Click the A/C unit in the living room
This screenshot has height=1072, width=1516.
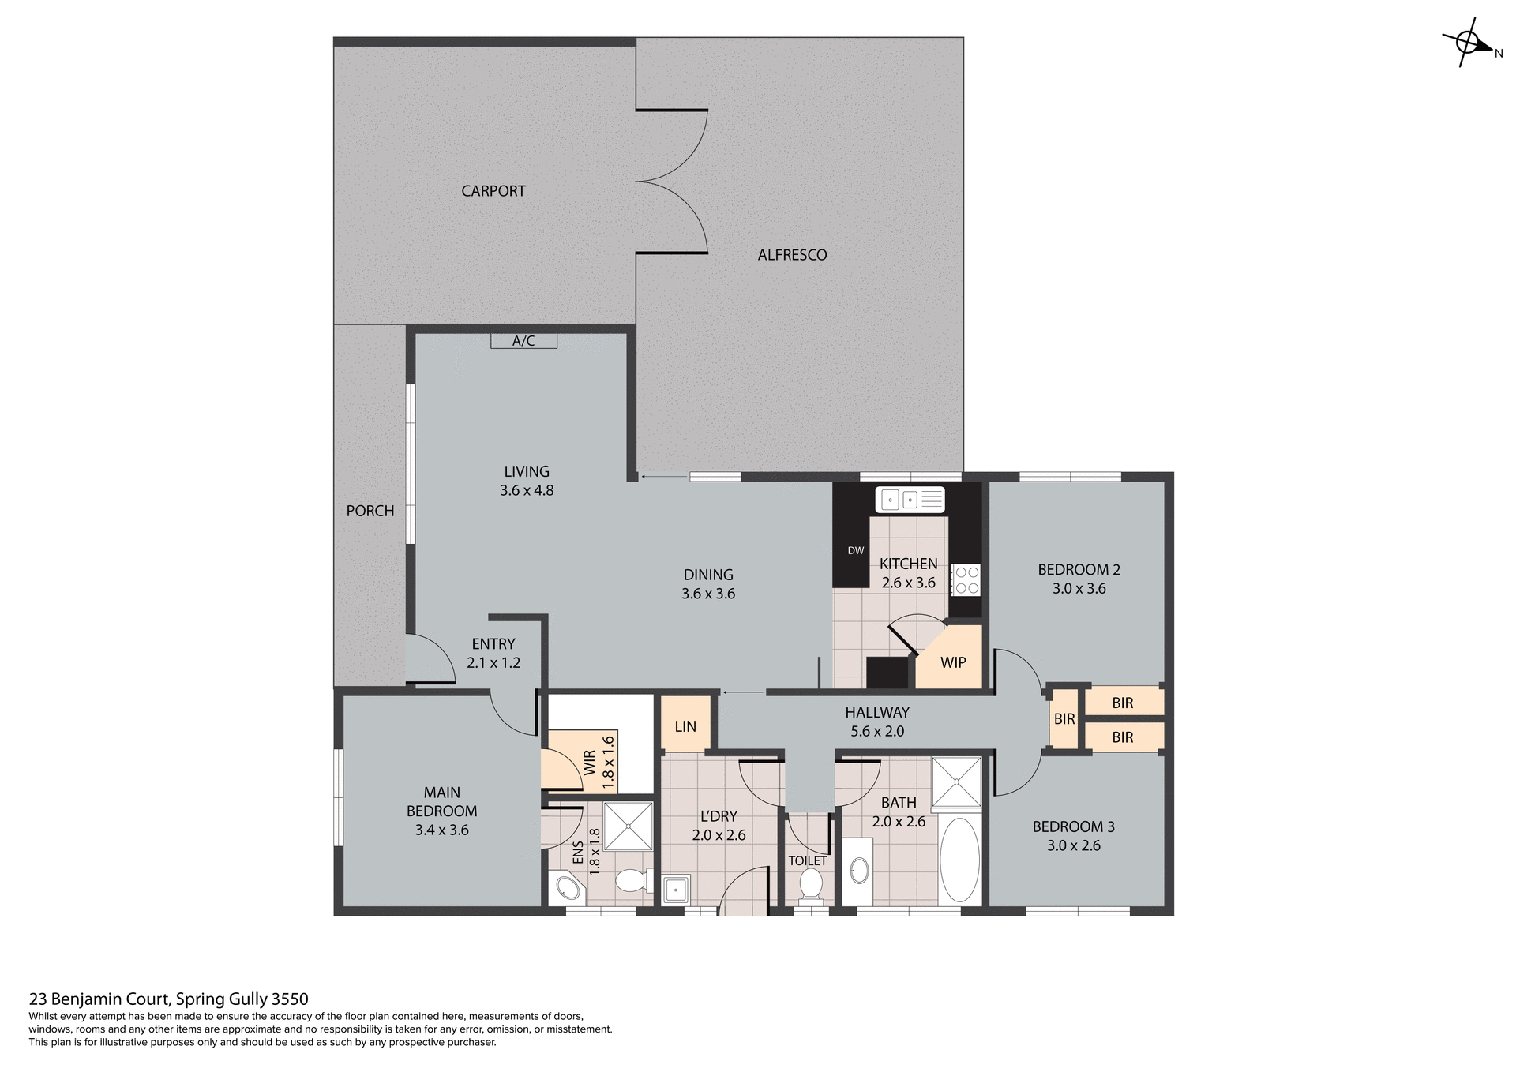point(523,341)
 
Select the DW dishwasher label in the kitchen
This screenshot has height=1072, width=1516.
point(856,551)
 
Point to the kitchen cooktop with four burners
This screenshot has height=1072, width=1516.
point(965,580)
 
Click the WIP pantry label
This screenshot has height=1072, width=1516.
point(953,663)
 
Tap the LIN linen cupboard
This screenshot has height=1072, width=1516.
point(685,726)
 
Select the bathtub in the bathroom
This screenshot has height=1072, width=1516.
point(959,860)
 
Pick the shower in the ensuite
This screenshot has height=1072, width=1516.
point(629,826)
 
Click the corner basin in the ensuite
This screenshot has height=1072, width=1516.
point(568,890)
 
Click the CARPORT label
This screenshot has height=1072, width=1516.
point(493,191)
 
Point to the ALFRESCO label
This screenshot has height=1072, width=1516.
point(792,255)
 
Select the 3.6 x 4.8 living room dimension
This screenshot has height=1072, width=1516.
point(527,490)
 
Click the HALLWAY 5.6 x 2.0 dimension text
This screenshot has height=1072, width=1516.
point(877,732)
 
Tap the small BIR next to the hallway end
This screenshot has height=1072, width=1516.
point(1064,719)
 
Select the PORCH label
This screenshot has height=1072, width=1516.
point(370,511)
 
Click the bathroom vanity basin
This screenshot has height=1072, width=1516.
point(859,871)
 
